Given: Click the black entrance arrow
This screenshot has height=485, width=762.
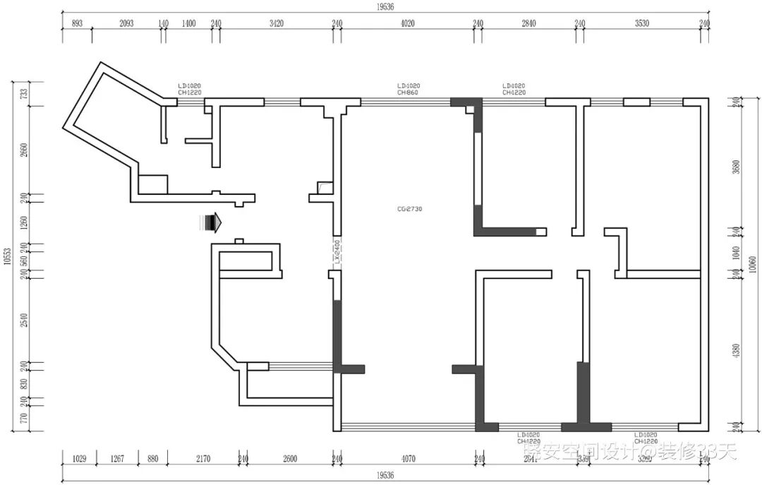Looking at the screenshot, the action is coord(211,224).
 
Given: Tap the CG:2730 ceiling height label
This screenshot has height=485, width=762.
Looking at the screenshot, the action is coord(410,209).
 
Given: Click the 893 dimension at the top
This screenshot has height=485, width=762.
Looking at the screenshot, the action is coord(78,23).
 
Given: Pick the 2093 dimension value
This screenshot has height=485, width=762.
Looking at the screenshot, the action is coord(126,23).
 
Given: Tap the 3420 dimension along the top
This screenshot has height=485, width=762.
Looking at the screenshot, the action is coord(277,23).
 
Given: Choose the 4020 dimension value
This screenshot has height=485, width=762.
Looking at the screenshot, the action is coord(407,23).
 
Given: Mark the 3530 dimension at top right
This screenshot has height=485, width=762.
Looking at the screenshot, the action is coord(641,23).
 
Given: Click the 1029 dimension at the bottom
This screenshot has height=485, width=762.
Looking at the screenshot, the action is coord(80,459).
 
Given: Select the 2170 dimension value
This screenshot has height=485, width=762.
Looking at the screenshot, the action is coord(202,459).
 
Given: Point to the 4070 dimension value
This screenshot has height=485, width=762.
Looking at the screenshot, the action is coord(409,459).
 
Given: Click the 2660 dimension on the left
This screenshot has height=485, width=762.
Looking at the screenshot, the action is coord(23,151).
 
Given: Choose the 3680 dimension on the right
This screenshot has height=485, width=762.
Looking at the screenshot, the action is coord(737,168).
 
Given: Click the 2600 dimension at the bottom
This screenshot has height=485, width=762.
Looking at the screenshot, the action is coord(289,459).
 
